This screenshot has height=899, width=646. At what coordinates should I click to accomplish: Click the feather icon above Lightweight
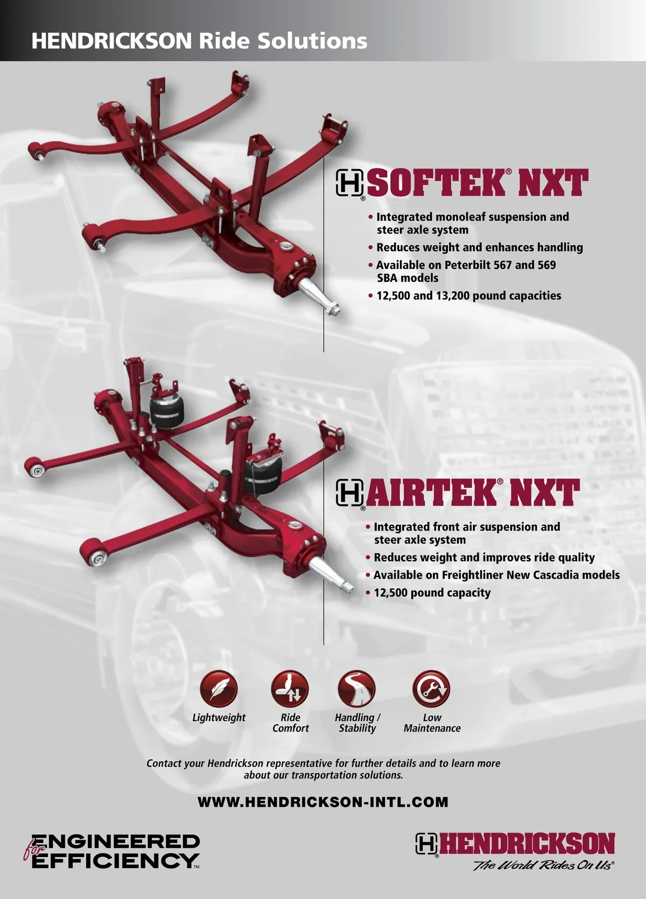[x=219, y=688]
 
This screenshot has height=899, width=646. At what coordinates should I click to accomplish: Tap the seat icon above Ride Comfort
[x=290, y=688]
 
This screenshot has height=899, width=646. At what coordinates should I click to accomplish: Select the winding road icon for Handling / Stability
[x=357, y=688]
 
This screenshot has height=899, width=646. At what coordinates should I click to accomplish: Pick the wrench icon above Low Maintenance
[x=431, y=688]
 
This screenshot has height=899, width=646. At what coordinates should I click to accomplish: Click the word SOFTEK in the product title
[x=437, y=183]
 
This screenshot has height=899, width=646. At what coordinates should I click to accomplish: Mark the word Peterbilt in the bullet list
[x=467, y=265]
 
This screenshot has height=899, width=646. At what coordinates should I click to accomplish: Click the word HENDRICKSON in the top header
[x=111, y=41]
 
